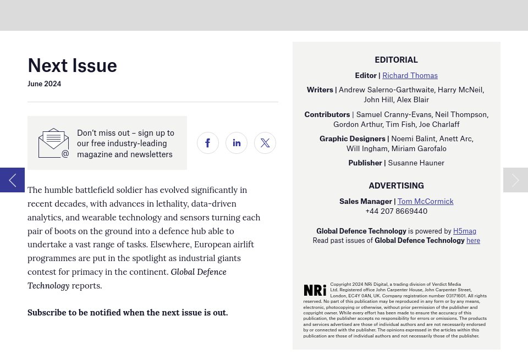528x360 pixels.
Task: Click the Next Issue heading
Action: coord(72,65)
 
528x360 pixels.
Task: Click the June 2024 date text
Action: coord(44,84)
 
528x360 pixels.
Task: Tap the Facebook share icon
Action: coord(208,143)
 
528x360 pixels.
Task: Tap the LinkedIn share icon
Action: coord(237,143)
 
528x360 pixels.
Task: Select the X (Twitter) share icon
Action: coord(265,143)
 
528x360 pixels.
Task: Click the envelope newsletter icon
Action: coord(53,143)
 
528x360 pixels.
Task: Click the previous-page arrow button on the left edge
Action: coord(12,180)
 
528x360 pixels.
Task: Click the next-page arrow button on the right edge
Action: coord(515,180)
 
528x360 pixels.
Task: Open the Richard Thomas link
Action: coord(410,75)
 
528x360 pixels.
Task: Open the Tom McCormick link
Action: coord(425,201)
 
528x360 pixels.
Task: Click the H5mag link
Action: coord(465,231)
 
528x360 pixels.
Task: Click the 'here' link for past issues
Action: coord(473,241)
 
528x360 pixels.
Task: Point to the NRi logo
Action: coord(315,290)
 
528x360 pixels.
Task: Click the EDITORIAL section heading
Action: coord(396,60)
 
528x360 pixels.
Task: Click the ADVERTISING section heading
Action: coord(396,186)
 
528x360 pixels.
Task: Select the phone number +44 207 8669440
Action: coord(396,211)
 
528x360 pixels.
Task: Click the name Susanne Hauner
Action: coord(416,163)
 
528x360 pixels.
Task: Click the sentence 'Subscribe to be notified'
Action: coord(128,313)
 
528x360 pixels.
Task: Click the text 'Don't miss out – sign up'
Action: coord(125,133)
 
